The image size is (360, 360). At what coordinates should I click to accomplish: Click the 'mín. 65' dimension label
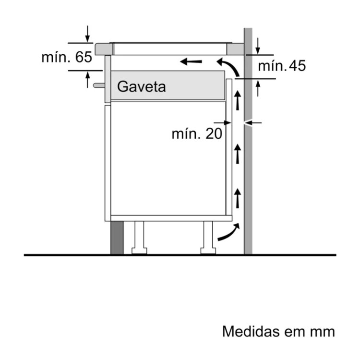coord(67,57)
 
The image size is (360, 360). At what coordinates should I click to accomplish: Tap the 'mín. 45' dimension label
coord(282,66)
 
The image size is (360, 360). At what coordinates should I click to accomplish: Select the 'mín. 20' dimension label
coord(197,133)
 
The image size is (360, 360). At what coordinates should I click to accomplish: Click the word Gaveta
coord(142,87)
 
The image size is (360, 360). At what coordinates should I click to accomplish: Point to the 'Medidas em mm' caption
coord(278,331)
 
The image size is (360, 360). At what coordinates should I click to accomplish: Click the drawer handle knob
coord(99,85)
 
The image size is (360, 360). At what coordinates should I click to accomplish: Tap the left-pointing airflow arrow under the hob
coord(191,61)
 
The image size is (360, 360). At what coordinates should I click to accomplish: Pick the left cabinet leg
coord(139,238)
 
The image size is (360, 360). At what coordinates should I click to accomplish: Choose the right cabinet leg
coord(208,238)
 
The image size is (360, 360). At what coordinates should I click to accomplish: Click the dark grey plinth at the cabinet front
coord(117,238)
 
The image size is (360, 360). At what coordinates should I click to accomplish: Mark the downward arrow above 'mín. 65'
coord(87,34)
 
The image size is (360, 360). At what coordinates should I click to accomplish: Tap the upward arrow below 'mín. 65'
coord(87,80)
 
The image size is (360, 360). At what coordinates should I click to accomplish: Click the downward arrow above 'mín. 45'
coord(258,46)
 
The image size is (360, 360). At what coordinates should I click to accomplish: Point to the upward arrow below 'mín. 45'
coord(258,88)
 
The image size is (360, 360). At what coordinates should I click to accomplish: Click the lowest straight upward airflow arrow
coord(238,198)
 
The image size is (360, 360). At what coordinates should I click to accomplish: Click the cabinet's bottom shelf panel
coord(171,218)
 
